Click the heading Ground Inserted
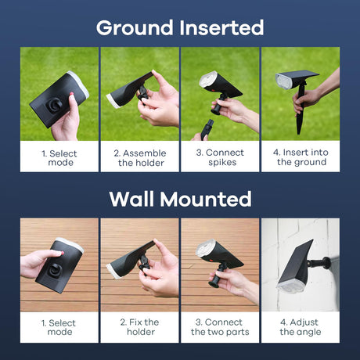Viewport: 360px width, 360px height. point(180,27)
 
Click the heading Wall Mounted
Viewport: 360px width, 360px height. point(180,199)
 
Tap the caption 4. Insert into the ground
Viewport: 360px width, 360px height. point(301,157)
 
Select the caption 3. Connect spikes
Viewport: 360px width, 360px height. point(220,157)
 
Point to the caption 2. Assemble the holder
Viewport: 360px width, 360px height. point(140,157)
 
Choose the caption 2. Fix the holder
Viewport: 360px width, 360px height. point(140,327)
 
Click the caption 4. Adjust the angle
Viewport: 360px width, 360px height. point(300,327)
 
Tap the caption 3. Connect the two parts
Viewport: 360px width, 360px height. point(220,327)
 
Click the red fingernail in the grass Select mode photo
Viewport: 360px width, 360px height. point(71,94)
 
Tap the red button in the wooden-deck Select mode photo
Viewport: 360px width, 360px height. point(63,253)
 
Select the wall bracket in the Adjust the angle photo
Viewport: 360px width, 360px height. point(320,263)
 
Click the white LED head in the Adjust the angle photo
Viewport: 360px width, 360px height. point(290,286)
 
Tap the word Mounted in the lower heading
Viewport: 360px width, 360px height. point(206,199)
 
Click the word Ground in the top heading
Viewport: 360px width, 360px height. point(135,27)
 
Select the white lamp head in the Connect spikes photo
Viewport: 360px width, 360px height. point(208,79)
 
